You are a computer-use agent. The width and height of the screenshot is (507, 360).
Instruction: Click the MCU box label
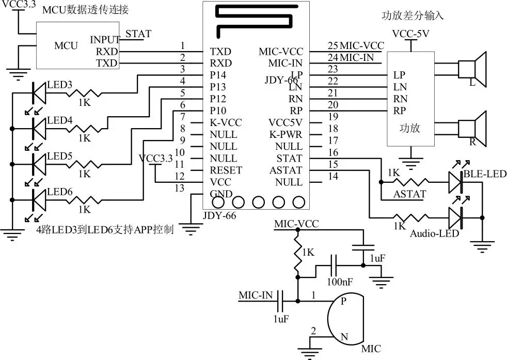66,46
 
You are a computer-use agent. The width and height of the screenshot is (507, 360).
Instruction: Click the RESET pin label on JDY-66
226,170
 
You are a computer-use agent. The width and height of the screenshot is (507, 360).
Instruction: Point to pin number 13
179,189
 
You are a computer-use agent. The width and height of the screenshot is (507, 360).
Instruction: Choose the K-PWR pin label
286,135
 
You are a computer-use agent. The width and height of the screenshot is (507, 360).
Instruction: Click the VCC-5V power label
411,34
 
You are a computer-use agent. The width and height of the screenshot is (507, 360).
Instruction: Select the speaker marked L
474,68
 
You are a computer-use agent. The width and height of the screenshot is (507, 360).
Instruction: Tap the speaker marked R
474,127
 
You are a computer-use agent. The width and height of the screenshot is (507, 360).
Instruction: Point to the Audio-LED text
434,233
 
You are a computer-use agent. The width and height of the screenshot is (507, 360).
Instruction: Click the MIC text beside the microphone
371,349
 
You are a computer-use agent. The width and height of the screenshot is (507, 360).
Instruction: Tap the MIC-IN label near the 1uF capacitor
256,295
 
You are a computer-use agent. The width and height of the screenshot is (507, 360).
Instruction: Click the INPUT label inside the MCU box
105,40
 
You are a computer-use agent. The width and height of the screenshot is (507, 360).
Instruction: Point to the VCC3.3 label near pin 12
156,159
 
